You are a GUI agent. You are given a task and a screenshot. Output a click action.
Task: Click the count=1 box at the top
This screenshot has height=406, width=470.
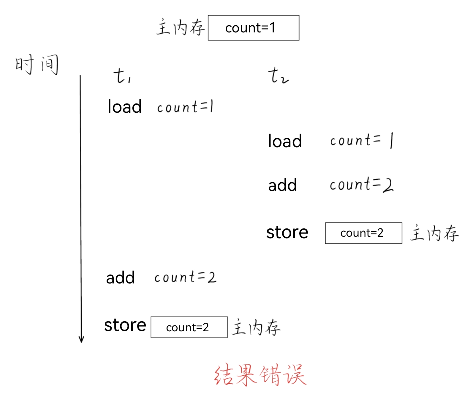click(253, 28)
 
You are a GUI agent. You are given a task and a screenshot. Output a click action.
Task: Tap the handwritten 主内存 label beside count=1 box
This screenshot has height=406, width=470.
click(181, 27)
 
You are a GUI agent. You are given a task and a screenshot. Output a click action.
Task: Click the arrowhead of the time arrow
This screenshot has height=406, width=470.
click(81, 340)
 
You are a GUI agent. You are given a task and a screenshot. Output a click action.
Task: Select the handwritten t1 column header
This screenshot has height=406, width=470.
click(122, 76)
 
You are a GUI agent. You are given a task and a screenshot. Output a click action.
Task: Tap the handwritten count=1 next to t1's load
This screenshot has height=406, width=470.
click(185, 106)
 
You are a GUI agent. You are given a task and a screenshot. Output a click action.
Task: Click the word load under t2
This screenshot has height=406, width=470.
click(285, 141)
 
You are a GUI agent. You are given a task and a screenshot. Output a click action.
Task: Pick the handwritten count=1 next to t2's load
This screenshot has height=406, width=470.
click(362, 140)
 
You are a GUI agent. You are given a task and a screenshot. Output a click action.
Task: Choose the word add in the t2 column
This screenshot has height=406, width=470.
click(282, 185)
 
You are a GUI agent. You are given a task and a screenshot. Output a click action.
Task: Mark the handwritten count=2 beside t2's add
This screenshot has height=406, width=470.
click(361, 184)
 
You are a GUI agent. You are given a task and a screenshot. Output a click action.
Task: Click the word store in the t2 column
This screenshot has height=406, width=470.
click(287, 232)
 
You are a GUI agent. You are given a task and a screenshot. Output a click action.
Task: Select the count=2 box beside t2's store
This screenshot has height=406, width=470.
click(363, 233)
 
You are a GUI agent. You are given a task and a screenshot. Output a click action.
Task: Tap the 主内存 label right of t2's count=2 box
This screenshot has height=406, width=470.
click(434, 233)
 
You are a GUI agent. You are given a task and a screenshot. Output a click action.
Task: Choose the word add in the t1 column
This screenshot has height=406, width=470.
click(120, 278)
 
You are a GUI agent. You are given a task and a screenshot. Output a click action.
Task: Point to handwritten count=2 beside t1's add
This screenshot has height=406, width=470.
click(185, 277)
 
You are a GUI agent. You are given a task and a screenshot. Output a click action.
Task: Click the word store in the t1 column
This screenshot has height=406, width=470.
click(125, 325)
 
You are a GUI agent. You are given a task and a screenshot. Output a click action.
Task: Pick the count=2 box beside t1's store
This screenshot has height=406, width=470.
click(189, 327)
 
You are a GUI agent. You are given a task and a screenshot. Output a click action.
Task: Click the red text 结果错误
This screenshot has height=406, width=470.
click(260, 375)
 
